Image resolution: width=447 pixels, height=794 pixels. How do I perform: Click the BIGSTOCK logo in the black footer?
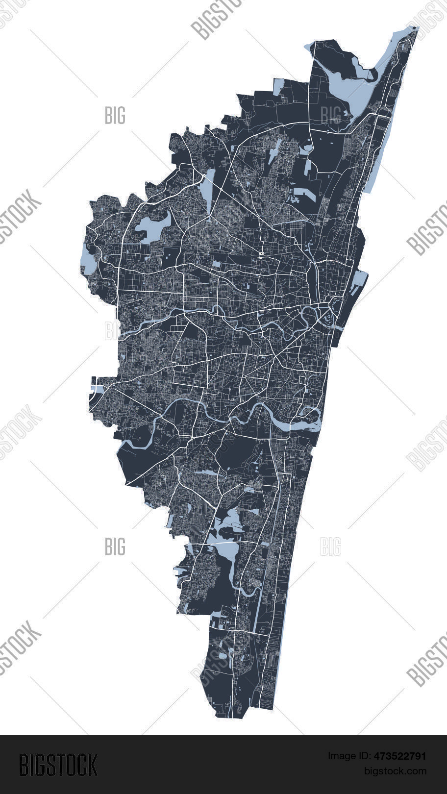[x=58, y=765]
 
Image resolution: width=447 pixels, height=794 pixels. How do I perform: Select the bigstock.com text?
[x=395, y=771]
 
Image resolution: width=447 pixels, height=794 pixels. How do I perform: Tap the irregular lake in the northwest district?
[x=152, y=226]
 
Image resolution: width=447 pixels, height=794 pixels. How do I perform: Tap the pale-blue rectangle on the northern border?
[x=278, y=87]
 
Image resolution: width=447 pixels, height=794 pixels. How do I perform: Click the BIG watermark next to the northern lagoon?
[x=330, y=115]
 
